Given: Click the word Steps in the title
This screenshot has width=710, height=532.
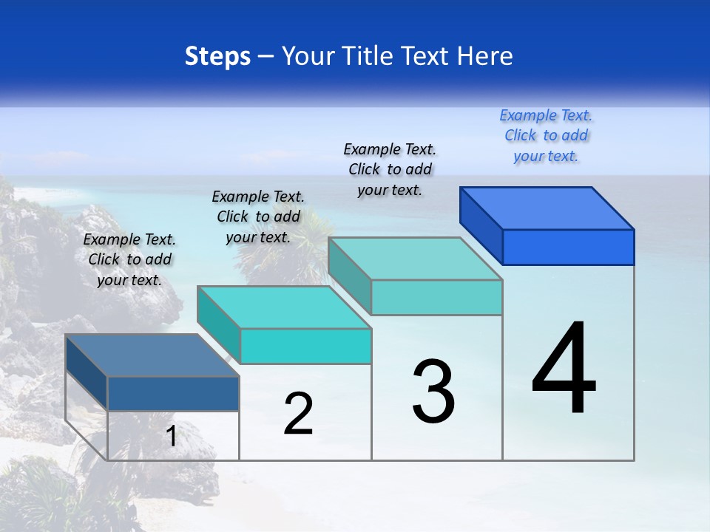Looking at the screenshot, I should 217,56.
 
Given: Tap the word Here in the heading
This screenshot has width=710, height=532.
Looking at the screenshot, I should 484,56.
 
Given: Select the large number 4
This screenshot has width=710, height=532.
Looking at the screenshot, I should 564,369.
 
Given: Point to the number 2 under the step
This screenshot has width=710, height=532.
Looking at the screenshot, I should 298,414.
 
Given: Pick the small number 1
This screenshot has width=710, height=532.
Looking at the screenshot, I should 171,436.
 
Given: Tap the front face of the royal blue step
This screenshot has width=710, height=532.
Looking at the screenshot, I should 568,247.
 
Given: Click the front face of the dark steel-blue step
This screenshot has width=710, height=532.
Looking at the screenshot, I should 173,393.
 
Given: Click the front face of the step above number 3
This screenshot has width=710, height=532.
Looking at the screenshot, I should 436,297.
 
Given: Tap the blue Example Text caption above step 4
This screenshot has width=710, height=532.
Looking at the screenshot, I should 546,135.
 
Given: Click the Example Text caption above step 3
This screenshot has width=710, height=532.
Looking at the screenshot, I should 390,169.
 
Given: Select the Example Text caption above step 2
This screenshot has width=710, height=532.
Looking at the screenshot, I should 258,216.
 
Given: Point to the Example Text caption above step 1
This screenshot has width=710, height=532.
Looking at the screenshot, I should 129,259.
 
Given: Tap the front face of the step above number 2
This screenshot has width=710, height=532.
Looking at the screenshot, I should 305,346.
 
